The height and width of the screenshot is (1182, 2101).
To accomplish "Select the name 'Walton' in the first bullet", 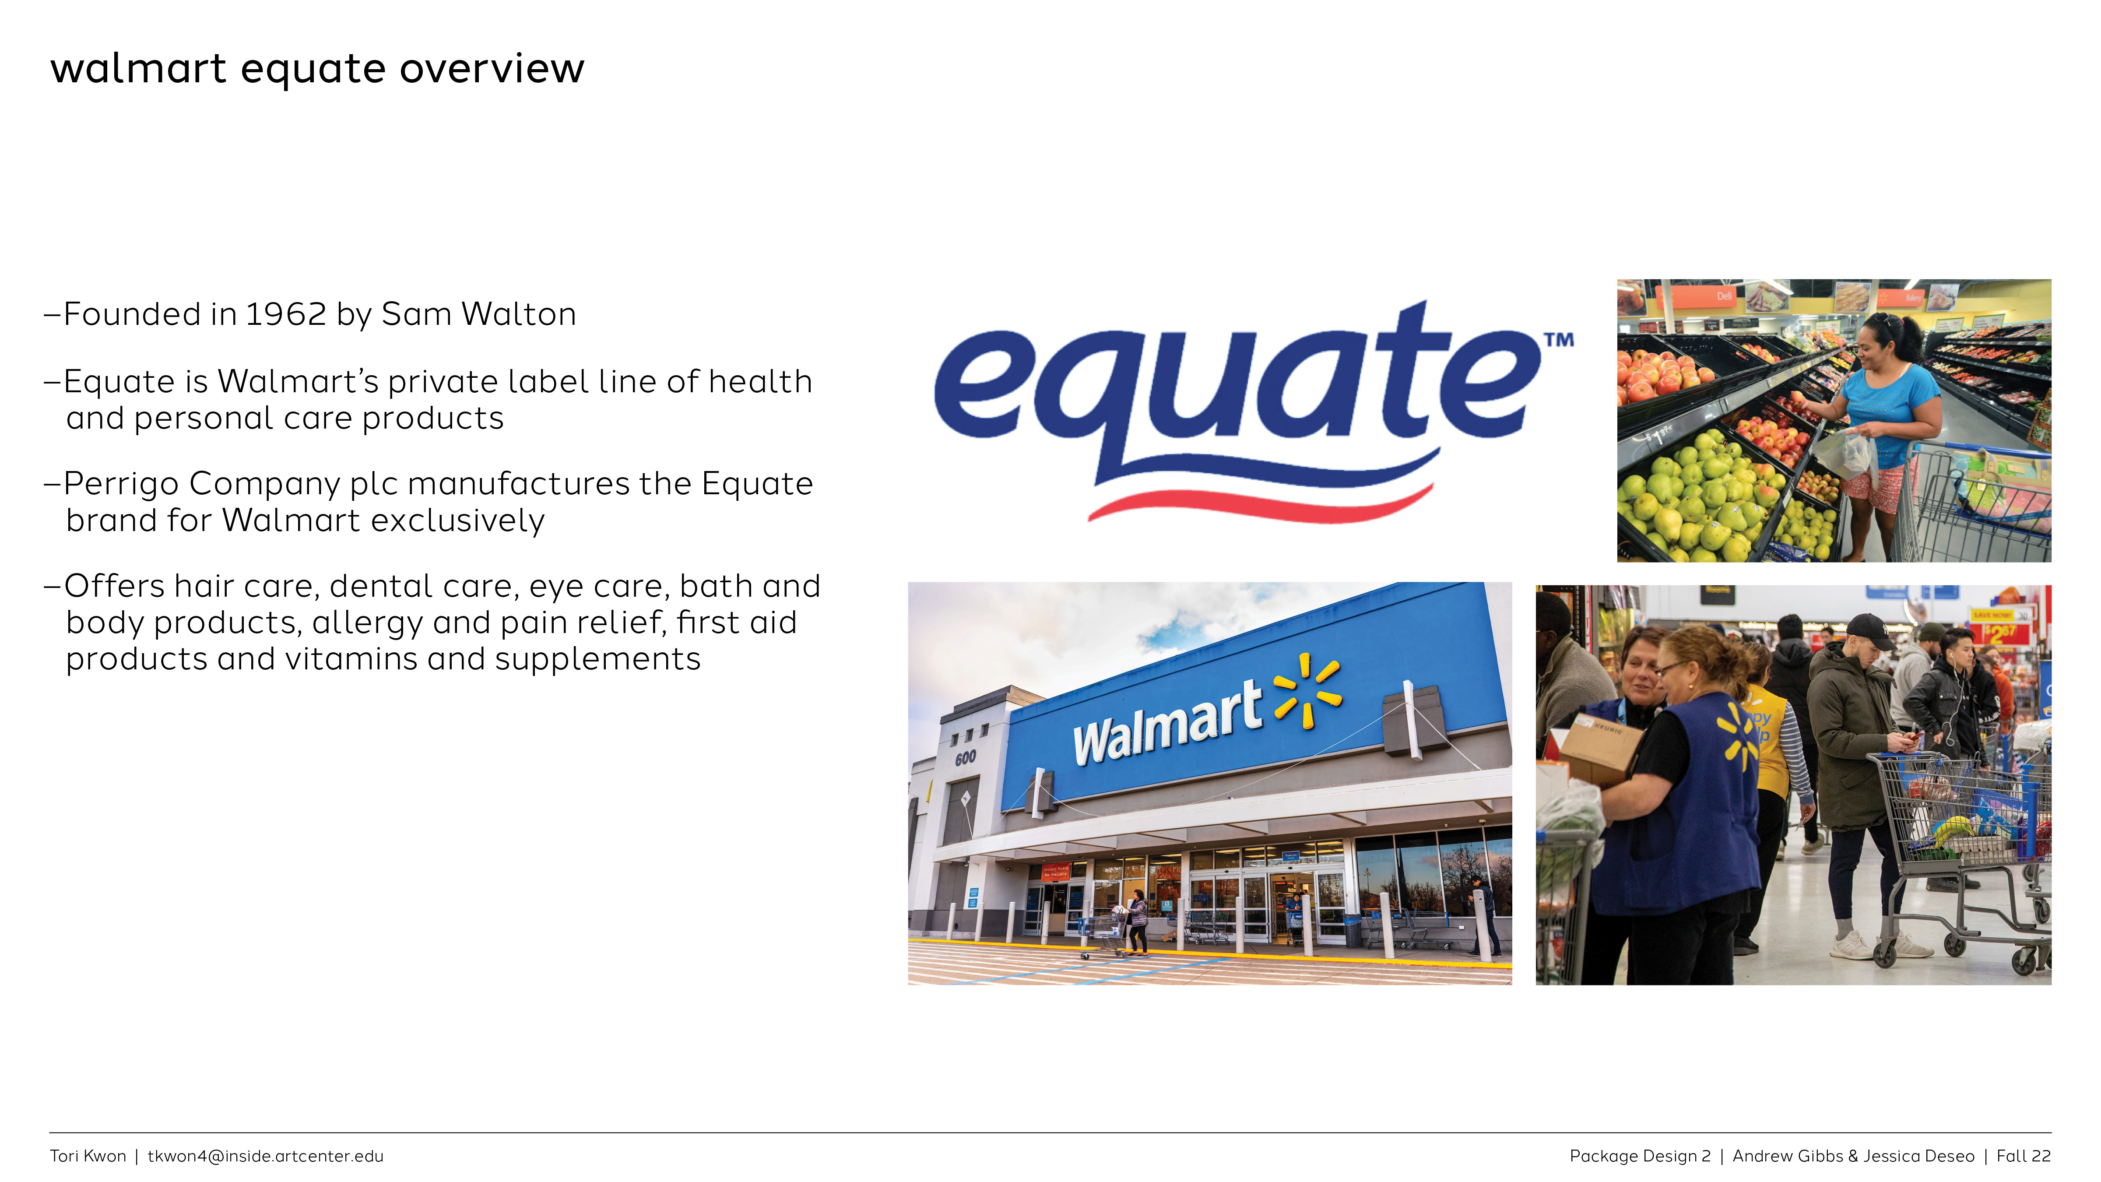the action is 519,314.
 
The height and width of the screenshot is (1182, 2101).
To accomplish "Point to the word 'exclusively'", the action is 463,521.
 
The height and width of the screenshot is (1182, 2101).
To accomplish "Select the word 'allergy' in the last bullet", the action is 368,623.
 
